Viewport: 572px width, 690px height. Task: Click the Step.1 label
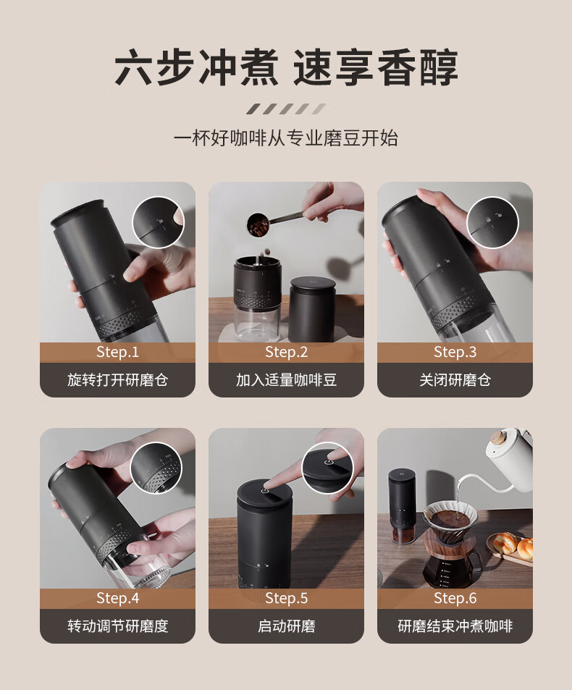[117, 352]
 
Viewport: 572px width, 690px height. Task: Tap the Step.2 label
[287, 352]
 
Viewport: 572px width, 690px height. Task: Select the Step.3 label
[455, 352]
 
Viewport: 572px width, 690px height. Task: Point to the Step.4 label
[117, 598]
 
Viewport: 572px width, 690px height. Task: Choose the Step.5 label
[287, 598]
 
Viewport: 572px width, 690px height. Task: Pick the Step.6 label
[455, 598]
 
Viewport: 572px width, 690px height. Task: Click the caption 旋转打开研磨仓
[117, 380]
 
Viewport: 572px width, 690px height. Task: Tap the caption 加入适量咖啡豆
[287, 380]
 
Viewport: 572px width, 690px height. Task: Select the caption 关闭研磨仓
[455, 380]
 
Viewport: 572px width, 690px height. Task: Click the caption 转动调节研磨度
[117, 626]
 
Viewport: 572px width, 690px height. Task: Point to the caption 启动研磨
[287, 626]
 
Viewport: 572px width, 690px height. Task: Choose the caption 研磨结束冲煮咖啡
[455, 626]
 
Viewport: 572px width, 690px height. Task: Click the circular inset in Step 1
[159, 222]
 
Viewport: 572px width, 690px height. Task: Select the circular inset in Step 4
[156, 468]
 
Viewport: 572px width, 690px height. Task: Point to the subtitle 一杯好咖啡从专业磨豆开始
[286, 138]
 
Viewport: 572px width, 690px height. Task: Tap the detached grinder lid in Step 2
[312, 309]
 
